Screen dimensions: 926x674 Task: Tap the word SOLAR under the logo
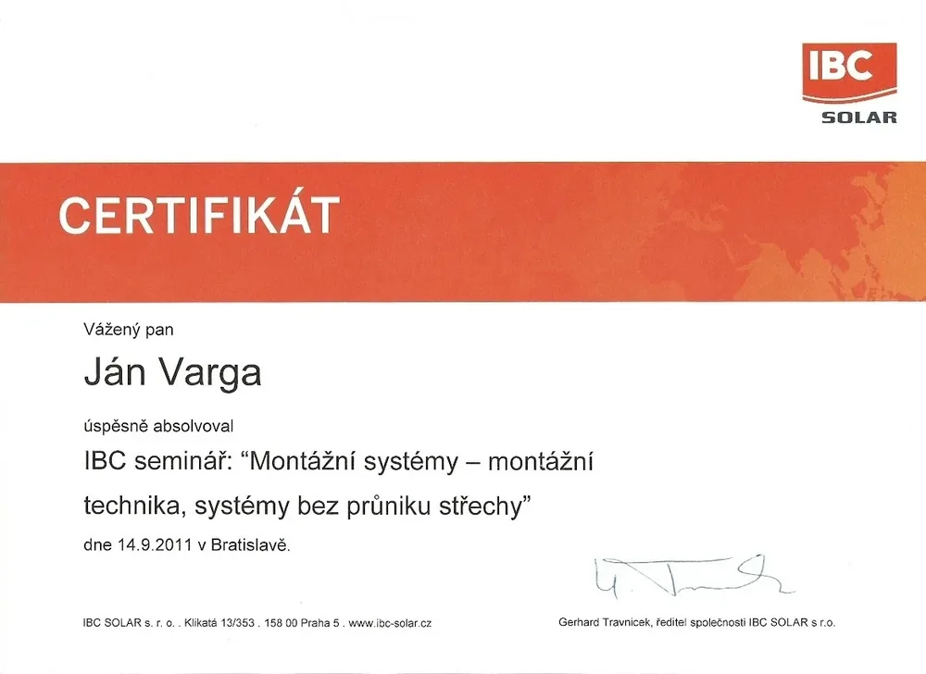859,117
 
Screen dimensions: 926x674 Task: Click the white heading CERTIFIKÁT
199,215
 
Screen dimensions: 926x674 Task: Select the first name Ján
115,371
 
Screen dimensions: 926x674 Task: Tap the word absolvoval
194,426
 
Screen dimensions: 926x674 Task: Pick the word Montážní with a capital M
303,461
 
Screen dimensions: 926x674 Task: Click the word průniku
388,506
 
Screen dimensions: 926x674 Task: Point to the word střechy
481,506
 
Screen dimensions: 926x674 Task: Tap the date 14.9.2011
155,544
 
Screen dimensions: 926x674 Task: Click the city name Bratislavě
250,544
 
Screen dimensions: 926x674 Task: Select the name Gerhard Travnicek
605,622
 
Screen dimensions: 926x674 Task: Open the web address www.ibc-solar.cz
390,623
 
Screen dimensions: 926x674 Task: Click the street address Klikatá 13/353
219,623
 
